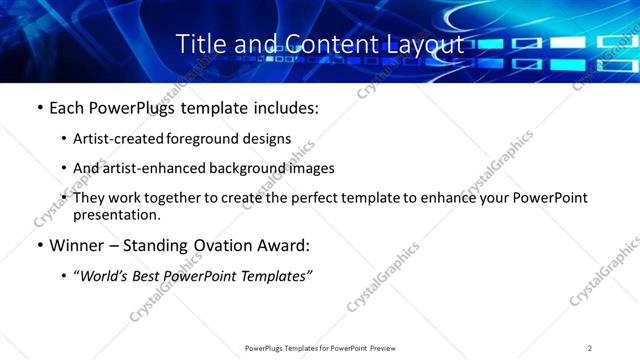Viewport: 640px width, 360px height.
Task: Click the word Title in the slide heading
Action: (x=200, y=44)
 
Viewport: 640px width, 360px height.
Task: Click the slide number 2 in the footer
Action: (x=589, y=347)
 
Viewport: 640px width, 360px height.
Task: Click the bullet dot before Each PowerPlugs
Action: (x=39, y=108)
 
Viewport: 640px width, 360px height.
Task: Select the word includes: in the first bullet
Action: (x=285, y=107)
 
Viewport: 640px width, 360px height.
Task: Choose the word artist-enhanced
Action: (x=148, y=168)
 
